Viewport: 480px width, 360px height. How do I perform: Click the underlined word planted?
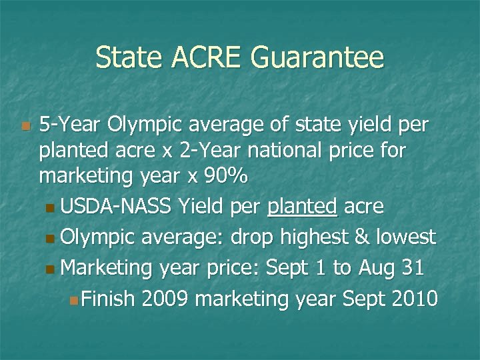[301, 207]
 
